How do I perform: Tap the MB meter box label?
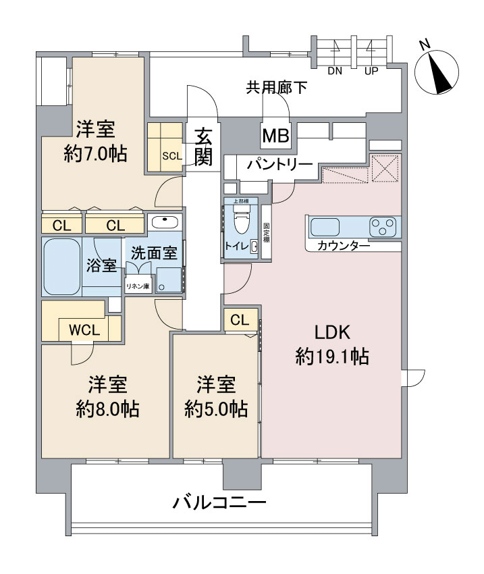pyautogui.click(x=275, y=136)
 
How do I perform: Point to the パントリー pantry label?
pyautogui.click(x=279, y=165)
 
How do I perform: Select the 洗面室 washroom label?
pyautogui.click(x=154, y=253)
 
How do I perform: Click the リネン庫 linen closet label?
pyautogui.click(x=138, y=286)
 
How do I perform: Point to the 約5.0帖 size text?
pyautogui.click(x=216, y=409)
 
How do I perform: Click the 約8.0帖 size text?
pyautogui.click(x=108, y=409)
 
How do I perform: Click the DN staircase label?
pyautogui.click(x=335, y=71)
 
